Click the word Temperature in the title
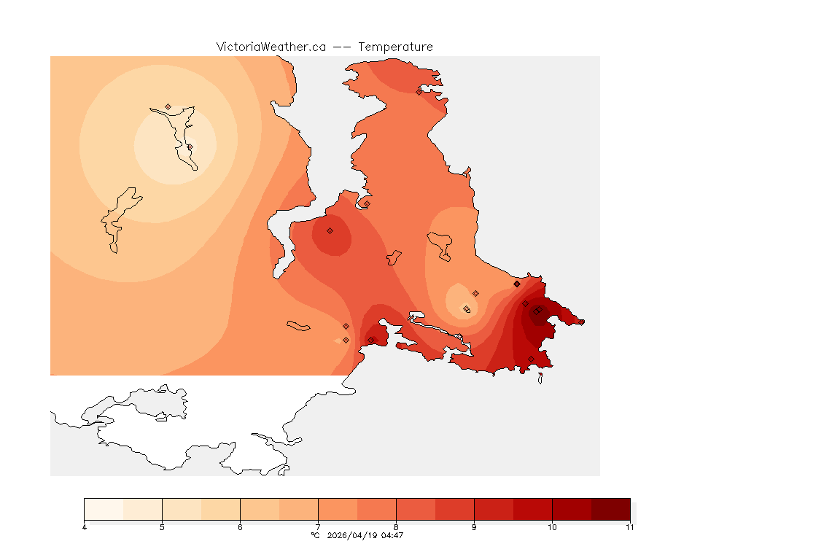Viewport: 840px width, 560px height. click(x=395, y=47)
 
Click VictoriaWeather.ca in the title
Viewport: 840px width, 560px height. click(x=271, y=47)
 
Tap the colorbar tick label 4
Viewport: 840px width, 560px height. click(x=85, y=527)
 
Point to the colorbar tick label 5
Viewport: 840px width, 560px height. click(x=162, y=527)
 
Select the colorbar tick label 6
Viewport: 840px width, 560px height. click(x=240, y=527)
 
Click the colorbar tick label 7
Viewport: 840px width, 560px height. click(x=318, y=527)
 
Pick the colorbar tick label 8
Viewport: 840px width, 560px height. click(x=396, y=527)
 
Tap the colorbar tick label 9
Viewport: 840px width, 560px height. click(x=474, y=527)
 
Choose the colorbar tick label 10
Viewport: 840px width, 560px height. click(x=552, y=527)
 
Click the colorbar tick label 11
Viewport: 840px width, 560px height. click(x=629, y=527)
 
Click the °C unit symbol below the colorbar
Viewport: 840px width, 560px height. click(x=315, y=535)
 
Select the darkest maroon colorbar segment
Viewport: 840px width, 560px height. click(x=610, y=509)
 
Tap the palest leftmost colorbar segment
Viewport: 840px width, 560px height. click(x=104, y=509)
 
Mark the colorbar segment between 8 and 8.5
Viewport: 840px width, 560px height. click(x=416, y=509)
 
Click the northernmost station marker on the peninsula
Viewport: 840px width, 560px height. click(x=419, y=92)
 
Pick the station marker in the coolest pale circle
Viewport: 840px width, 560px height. click(x=190, y=147)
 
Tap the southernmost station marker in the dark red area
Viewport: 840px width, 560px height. click(x=531, y=359)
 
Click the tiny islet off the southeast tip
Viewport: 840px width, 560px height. click(x=540, y=378)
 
